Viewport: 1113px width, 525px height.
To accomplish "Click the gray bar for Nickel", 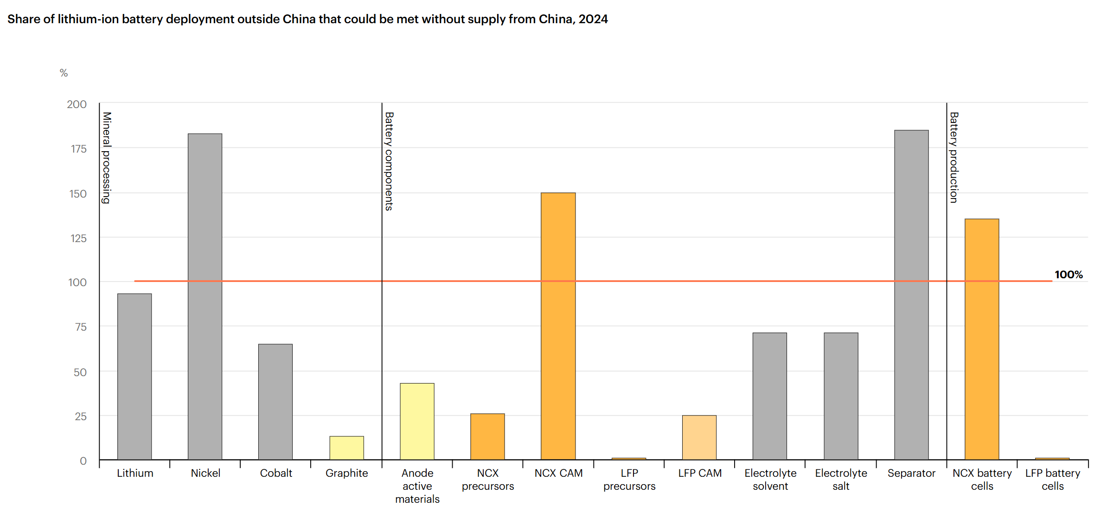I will coord(205,297).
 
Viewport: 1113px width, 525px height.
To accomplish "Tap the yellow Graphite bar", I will coord(346,448).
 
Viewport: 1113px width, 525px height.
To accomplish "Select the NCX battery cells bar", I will coord(982,339).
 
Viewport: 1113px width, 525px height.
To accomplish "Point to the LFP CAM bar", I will coord(699,437).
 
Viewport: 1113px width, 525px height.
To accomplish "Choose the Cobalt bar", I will coord(275,402).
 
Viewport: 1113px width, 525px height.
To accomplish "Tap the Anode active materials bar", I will coord(417,421).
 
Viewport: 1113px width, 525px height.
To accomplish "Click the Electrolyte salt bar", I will coord(841,396).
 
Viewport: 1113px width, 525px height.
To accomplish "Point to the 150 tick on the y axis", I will coord(78,193).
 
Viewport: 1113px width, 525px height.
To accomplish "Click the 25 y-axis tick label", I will coord(80,416).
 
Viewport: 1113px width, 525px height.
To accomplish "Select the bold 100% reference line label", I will coord(1068,275).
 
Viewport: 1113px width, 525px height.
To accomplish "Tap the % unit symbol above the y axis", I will coord(64,73).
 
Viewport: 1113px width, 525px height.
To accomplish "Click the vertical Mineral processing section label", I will coord(107,158).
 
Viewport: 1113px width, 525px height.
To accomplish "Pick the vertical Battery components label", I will coord(389,161).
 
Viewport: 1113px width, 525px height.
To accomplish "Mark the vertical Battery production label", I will coord(954,157).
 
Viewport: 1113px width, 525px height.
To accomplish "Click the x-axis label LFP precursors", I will coord(629,480).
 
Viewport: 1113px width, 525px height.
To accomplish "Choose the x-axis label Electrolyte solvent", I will coord(770,480).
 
